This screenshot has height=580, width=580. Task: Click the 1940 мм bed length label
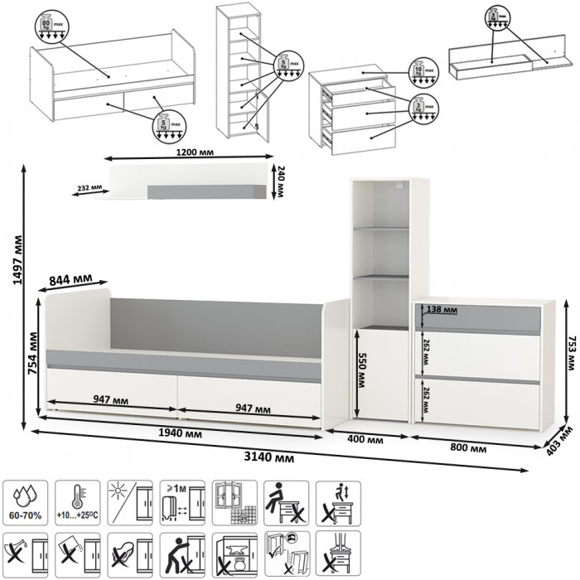pyautogui.click(x=181, y=433)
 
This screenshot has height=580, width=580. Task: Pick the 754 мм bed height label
pyautogui.click(x=34, y=355)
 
